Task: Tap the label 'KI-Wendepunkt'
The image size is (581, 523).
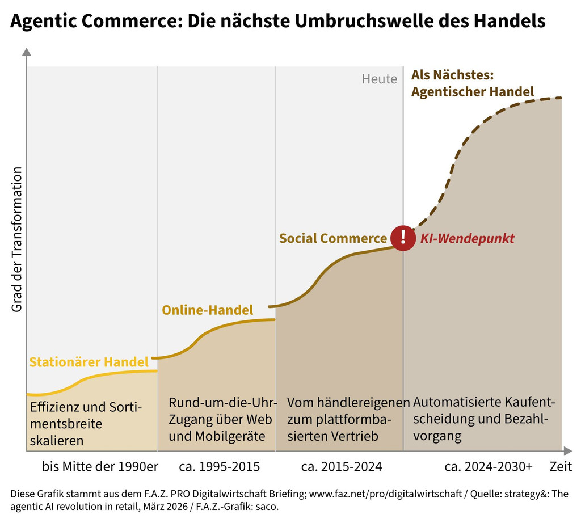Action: pos(467,239)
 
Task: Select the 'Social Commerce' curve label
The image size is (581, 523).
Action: pos(332,239)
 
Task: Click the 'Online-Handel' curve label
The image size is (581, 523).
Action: pos(208,310)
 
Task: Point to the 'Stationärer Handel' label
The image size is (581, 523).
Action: pos(89,362)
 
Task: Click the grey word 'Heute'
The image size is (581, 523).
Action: pos(380,79)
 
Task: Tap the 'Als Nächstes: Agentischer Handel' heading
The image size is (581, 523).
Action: pos(472,83)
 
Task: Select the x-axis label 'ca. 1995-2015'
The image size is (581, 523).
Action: pos(219,467)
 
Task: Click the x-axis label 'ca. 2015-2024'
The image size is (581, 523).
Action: pos(342,467)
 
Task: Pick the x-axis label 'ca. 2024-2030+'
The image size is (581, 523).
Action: pos(489,467)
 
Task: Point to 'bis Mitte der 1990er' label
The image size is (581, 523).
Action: pos(100,467)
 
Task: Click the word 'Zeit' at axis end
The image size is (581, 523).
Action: pos(561,467)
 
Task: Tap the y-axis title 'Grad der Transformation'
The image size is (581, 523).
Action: pos(16,239)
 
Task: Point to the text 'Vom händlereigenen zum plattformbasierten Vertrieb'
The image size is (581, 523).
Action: pos(348,420)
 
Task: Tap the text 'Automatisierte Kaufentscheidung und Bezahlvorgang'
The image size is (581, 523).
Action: pos(484,420)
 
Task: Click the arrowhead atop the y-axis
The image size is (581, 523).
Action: pos(27,53)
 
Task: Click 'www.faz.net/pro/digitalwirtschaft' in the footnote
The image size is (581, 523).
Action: pos(387,494)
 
